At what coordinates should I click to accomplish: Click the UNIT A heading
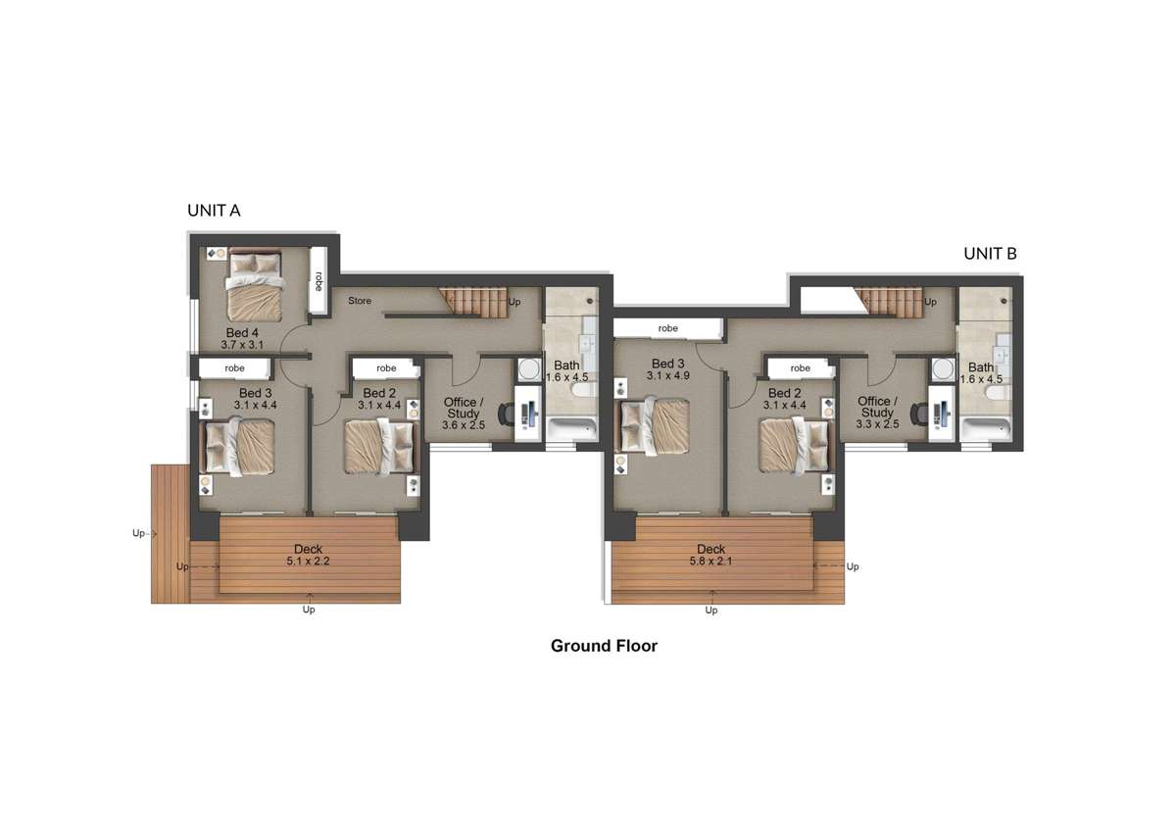214,211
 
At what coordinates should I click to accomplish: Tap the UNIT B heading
990,253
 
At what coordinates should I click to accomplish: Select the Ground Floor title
604,646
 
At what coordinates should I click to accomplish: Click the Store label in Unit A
360,301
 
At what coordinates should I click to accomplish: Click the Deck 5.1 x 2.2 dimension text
309,561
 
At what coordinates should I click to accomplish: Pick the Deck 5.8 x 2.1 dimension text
710,561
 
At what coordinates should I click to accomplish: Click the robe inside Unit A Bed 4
318,281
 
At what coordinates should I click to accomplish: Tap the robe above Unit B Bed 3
667,328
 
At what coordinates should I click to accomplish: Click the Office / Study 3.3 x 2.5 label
876,413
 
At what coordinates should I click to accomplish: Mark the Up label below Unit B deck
711,610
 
